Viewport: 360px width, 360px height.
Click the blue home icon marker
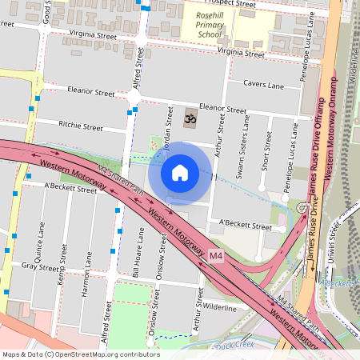point(180,172)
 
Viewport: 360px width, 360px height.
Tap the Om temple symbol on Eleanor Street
point(190,118)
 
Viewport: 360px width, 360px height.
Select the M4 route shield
point(215,255)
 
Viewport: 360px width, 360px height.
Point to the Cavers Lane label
point(265,86)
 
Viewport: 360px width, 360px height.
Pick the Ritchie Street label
point(81,126)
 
